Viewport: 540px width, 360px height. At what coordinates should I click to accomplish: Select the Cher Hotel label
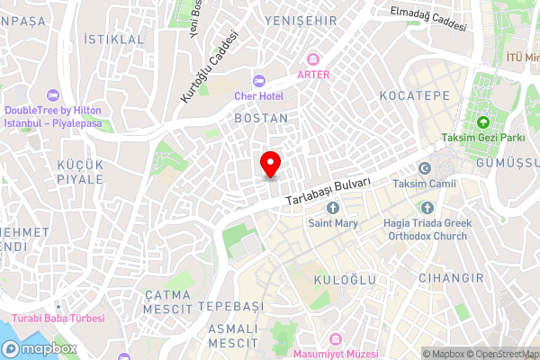click(x=259, y=95)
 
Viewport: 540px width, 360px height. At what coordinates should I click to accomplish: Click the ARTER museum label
click(x=313, y=75)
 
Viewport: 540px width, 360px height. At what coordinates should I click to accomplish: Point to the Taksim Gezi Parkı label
click(x=482, y=139)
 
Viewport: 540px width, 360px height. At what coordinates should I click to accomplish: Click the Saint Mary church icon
click(x=333, y=209)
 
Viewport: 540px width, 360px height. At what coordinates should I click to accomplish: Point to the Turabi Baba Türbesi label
click(x=58, y=319)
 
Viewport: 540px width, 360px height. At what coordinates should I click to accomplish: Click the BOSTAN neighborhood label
click(x=261, y=118)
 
